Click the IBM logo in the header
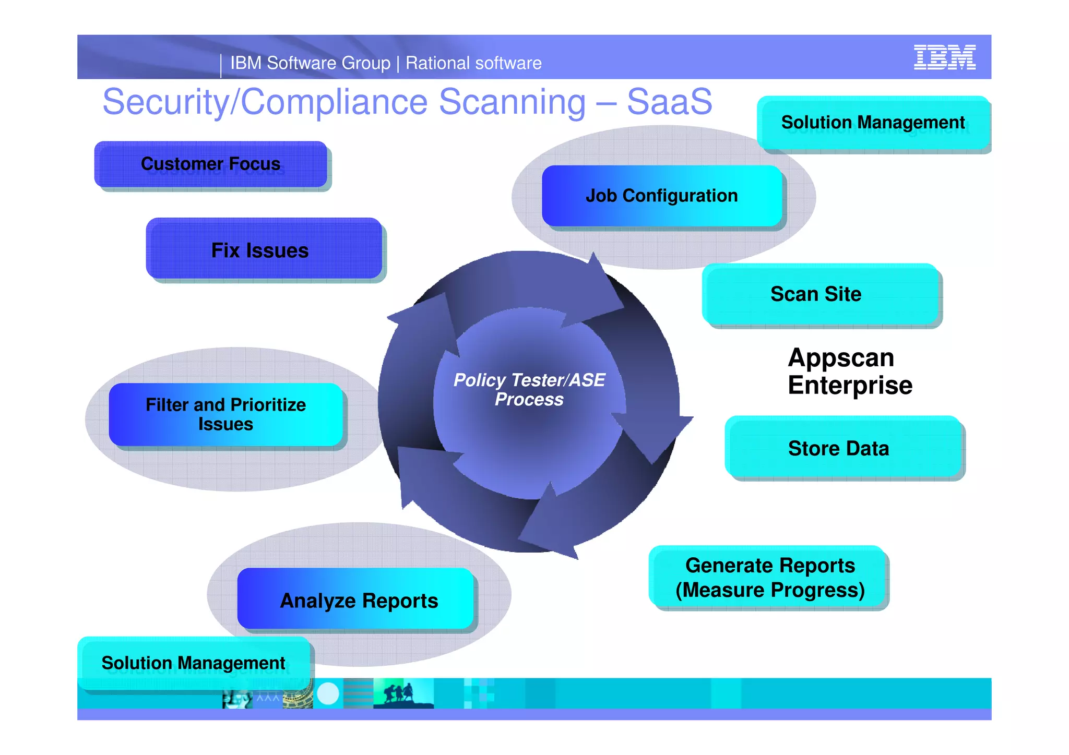944,57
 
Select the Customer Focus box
211,164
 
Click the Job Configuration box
661,196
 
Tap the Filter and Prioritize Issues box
225,414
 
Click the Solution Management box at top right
873,122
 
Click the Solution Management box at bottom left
193,663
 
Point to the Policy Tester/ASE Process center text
529,389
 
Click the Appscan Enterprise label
850,371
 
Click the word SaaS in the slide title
669,101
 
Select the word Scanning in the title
512,101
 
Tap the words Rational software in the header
473,63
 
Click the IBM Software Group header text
310,63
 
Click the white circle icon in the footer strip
328,693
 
